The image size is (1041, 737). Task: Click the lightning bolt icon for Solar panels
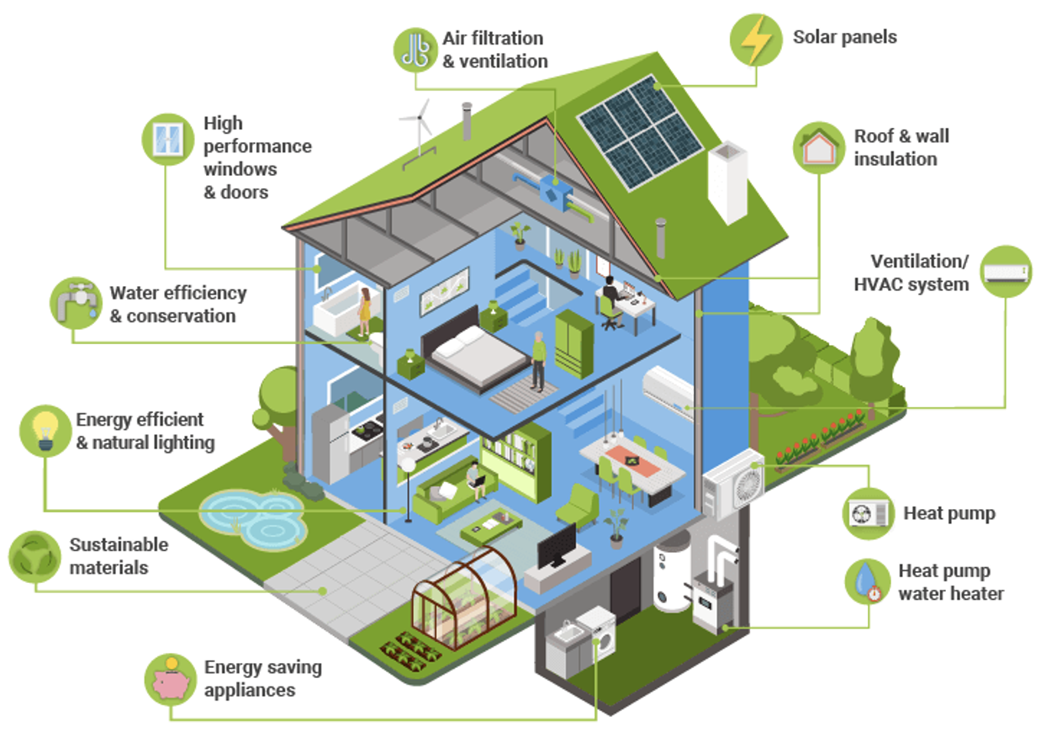[x=755, y=40]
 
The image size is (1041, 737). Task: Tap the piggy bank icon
[x=171, y=680]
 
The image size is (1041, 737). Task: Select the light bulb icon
[x=45, y=431]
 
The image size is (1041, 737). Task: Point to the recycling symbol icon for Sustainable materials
[x=34, y=557]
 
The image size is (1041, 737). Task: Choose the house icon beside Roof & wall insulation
[x=818, y=148]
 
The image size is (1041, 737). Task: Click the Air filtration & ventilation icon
[x=416, y=50]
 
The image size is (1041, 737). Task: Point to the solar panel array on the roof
[x=640, y=131]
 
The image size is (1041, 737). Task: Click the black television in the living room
[x=556, y=545]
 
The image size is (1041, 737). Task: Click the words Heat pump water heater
[x=950, y=582]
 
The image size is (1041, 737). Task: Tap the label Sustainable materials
[x=119, y=556]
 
